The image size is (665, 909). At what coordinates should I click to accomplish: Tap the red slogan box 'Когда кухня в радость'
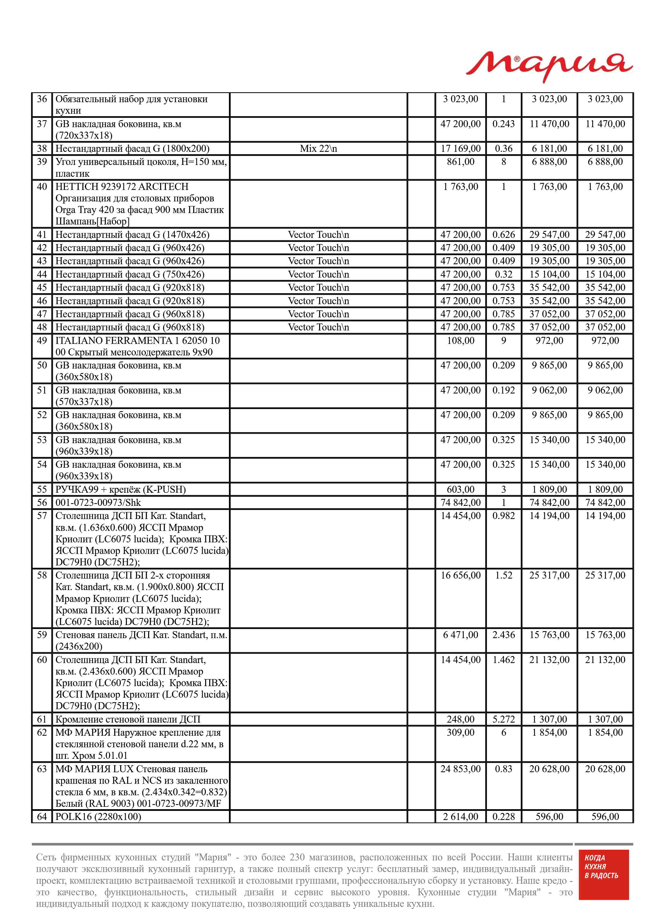(x=603, y=880)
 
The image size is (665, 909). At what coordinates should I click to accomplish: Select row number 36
(x=42, y=99)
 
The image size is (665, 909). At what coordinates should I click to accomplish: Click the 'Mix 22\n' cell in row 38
(x=318, y=149)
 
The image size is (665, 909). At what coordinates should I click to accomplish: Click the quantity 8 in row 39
(x=503, y=162)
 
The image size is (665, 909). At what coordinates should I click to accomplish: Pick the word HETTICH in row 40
(x=73, y=187)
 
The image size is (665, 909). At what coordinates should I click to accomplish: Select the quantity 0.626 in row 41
(x=503, y=235)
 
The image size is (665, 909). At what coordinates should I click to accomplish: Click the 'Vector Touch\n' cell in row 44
(x=318, y=275)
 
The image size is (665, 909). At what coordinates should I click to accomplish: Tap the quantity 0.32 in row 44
(x=503, y=275)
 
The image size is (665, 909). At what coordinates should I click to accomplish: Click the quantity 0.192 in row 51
(x=503, y=390)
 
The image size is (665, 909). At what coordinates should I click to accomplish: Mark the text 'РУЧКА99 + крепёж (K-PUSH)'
(x=120, y=490)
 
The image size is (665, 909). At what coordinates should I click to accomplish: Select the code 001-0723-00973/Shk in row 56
(x=98, y=502)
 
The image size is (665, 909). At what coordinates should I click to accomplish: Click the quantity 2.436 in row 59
(x=503, y=635)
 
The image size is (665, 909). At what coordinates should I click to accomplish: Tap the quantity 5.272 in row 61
(x=503, y=719)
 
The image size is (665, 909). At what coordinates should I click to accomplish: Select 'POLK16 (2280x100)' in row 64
(x=98, y=816)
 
